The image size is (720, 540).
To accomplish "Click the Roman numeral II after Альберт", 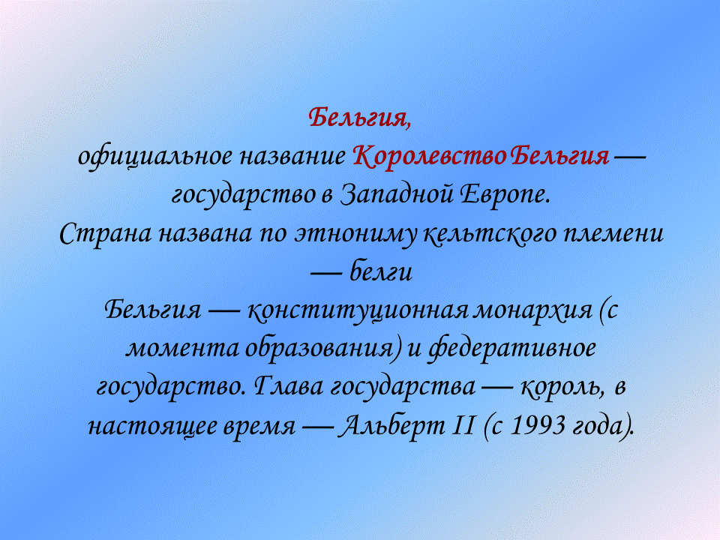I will (458, 426).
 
